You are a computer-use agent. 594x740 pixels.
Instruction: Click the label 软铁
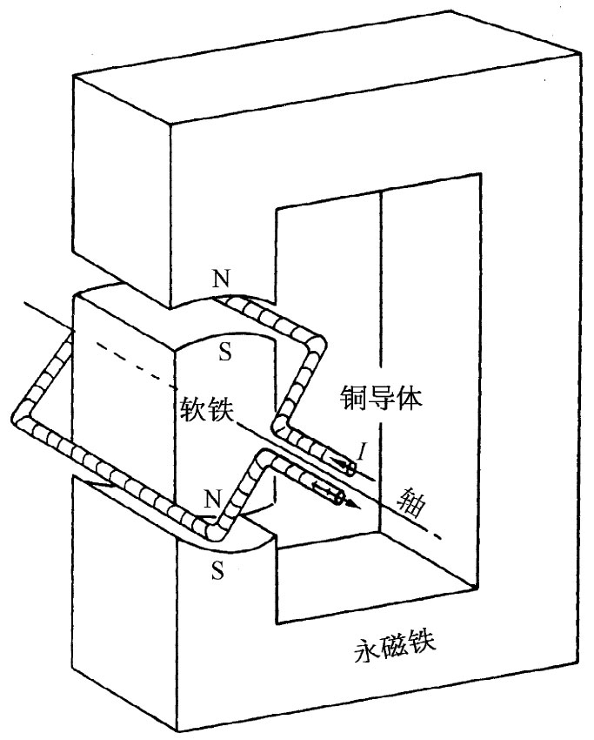207,409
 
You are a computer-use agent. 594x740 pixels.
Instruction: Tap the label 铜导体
380,398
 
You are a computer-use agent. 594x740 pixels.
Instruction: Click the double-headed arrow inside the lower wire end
329,494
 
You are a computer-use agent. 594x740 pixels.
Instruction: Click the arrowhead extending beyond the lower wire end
350,502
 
